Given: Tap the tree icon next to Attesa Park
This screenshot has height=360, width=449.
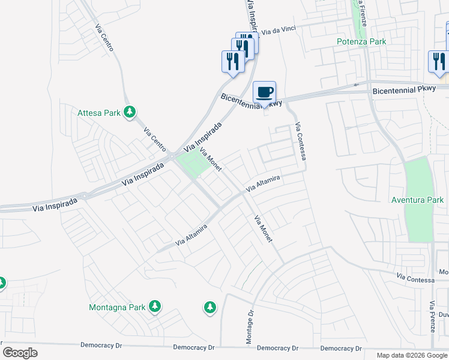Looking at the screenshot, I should [129, 112].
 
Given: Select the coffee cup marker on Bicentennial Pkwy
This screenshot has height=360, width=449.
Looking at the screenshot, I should [264, 92].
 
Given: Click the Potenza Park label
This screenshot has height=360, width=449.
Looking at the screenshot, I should [361, 41].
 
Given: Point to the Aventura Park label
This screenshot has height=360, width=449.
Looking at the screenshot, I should [417, 200].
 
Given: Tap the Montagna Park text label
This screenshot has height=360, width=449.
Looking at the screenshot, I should [117, 307].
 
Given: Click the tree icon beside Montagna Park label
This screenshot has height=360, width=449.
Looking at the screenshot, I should [155, 307].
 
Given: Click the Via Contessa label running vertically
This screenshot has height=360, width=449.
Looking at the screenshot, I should [301, 142].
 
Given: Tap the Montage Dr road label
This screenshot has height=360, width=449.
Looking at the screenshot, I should [250, 327].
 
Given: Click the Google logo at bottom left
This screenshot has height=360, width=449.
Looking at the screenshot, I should [20, 353].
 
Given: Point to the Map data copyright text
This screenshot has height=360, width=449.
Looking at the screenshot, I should [412, 355].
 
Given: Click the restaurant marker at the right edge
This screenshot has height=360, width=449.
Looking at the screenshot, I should [439, 61].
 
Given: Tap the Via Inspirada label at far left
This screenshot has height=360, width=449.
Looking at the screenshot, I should [56, 203].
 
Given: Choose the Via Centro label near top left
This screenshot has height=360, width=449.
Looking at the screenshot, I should [104, 37].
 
